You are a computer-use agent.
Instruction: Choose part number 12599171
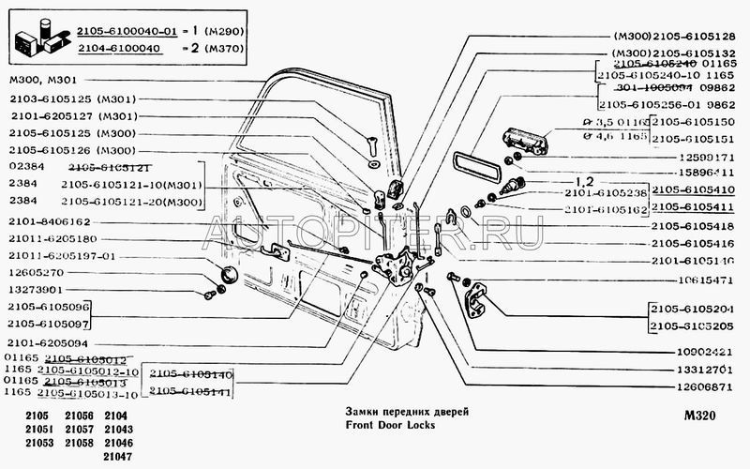(x=693, y=157)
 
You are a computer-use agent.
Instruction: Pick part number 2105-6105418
(x=694, y=226)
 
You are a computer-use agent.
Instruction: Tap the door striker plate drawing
(x=477, y=299)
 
